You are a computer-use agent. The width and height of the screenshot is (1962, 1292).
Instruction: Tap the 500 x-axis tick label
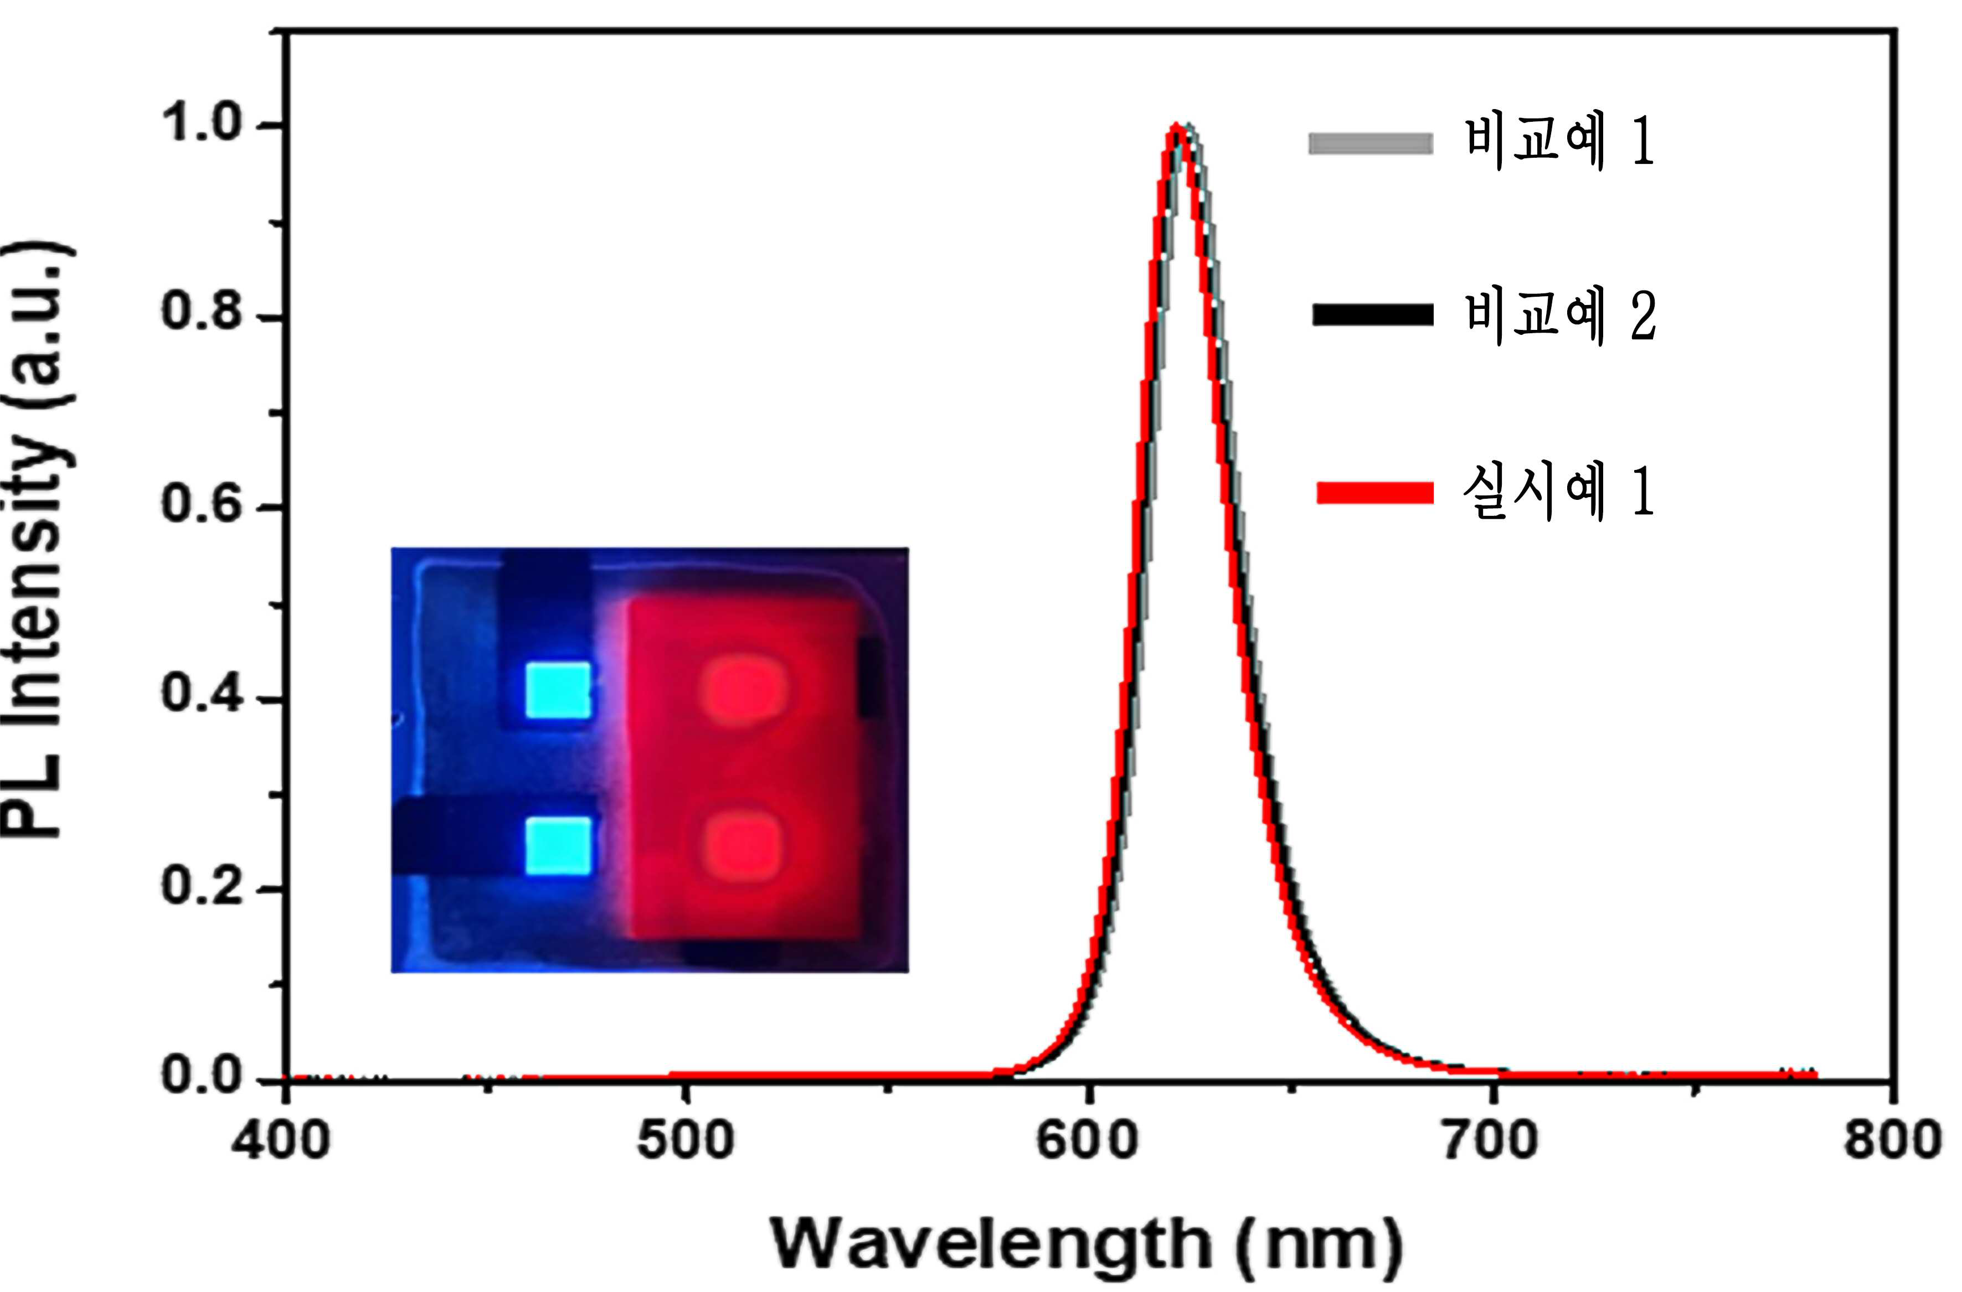[x=685, y=1141]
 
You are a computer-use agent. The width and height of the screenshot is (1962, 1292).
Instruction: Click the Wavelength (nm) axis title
[x=1086, y=1245]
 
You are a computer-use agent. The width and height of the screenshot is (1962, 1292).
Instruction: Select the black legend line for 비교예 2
[x=1373, y=315]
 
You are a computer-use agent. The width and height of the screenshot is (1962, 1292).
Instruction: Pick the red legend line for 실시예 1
[x=1375, y=493]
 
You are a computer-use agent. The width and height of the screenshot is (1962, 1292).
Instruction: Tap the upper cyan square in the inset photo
[x=559, y=690]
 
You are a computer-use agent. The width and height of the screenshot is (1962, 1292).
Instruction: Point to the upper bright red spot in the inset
[x=743, y=688]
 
